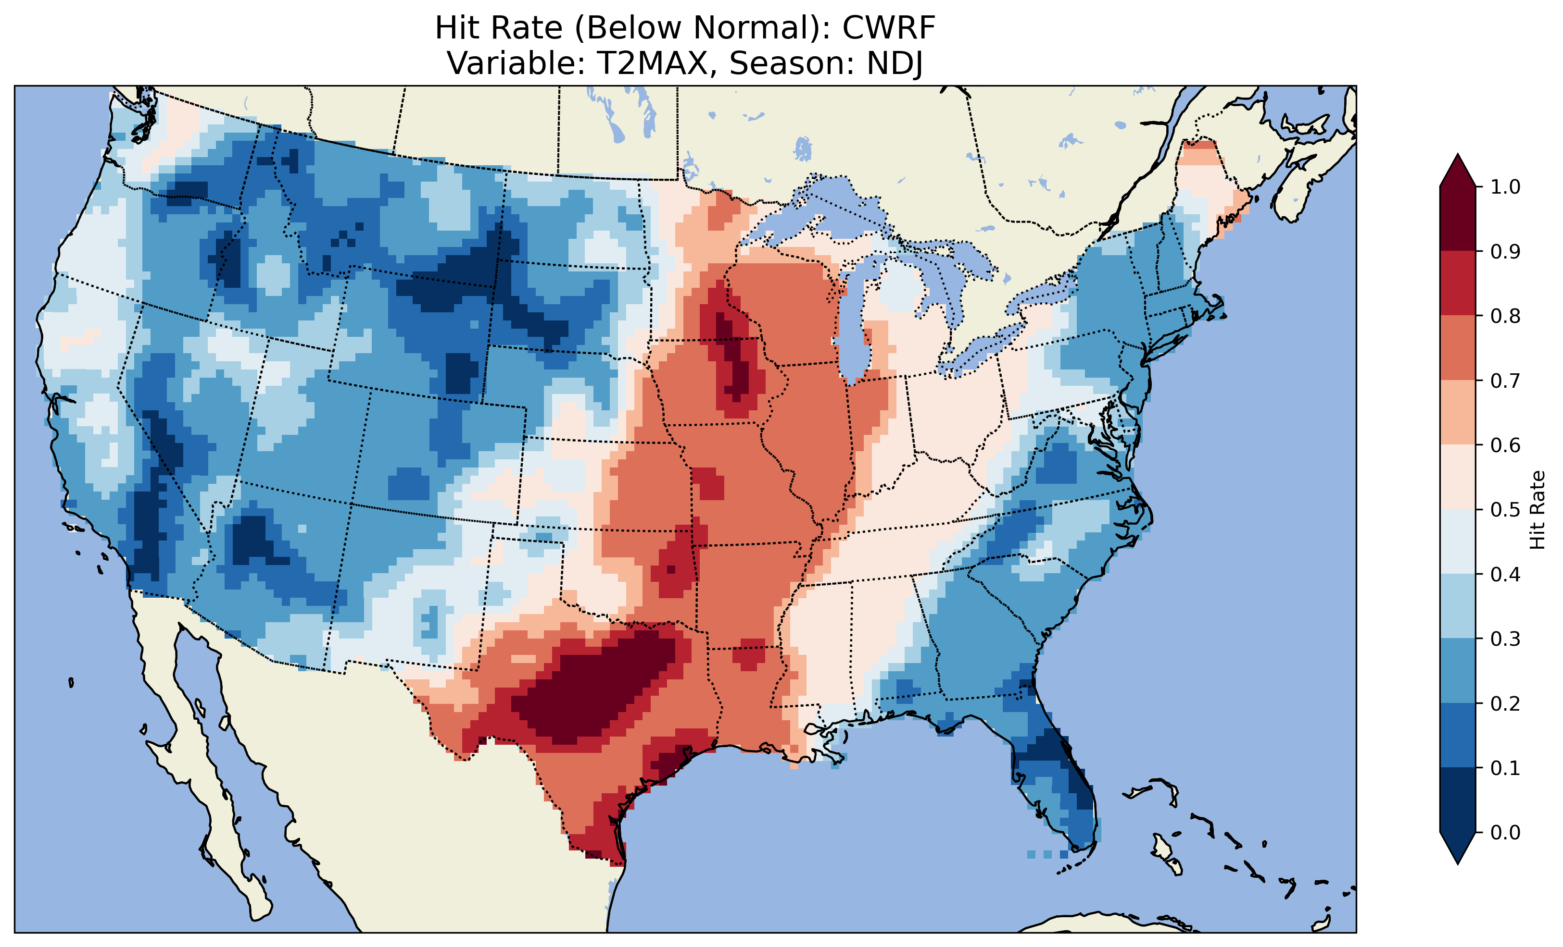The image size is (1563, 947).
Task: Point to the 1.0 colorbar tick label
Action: (1505, 187)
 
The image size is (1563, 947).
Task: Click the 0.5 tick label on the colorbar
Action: (1505, 510)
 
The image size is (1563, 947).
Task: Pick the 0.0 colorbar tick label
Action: (1505, 832)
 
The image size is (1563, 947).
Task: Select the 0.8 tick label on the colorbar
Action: (1505, 316)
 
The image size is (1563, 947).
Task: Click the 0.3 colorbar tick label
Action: (1505, 639)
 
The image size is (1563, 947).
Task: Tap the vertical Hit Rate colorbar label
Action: (1537, 510)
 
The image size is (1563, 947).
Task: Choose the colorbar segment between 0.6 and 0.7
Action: (1458, 412)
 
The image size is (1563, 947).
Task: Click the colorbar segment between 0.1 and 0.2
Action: (1458, 735)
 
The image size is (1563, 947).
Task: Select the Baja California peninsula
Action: (203, 780)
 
